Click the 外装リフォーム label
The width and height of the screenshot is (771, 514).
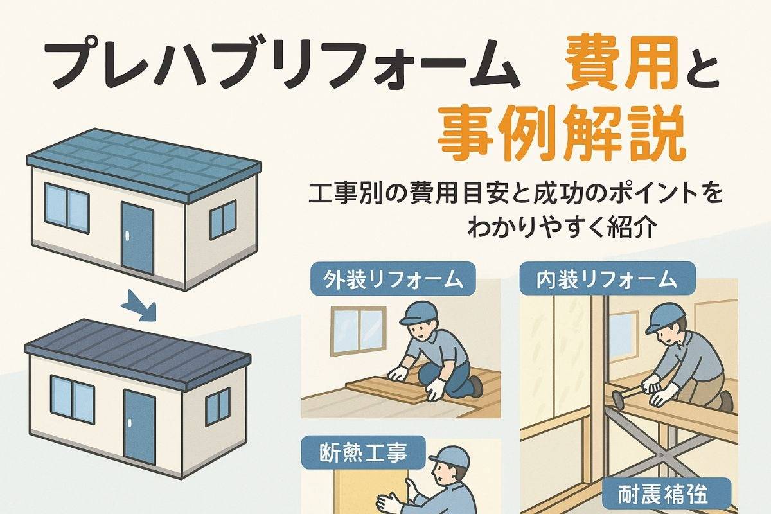point(393,278)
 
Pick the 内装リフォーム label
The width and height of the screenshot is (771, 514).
point(608,278)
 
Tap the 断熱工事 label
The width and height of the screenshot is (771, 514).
point(363,452)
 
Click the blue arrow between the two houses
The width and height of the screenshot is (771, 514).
point(140,305)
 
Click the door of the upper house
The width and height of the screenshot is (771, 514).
point(137,238)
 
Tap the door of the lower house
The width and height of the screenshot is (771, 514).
point(140,427)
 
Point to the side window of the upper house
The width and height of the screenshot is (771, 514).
point(223,219)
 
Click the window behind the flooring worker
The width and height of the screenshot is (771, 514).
point(359,331)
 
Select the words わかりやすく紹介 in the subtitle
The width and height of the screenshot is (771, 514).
point(561,227)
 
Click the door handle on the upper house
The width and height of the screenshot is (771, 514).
point(128,238)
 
